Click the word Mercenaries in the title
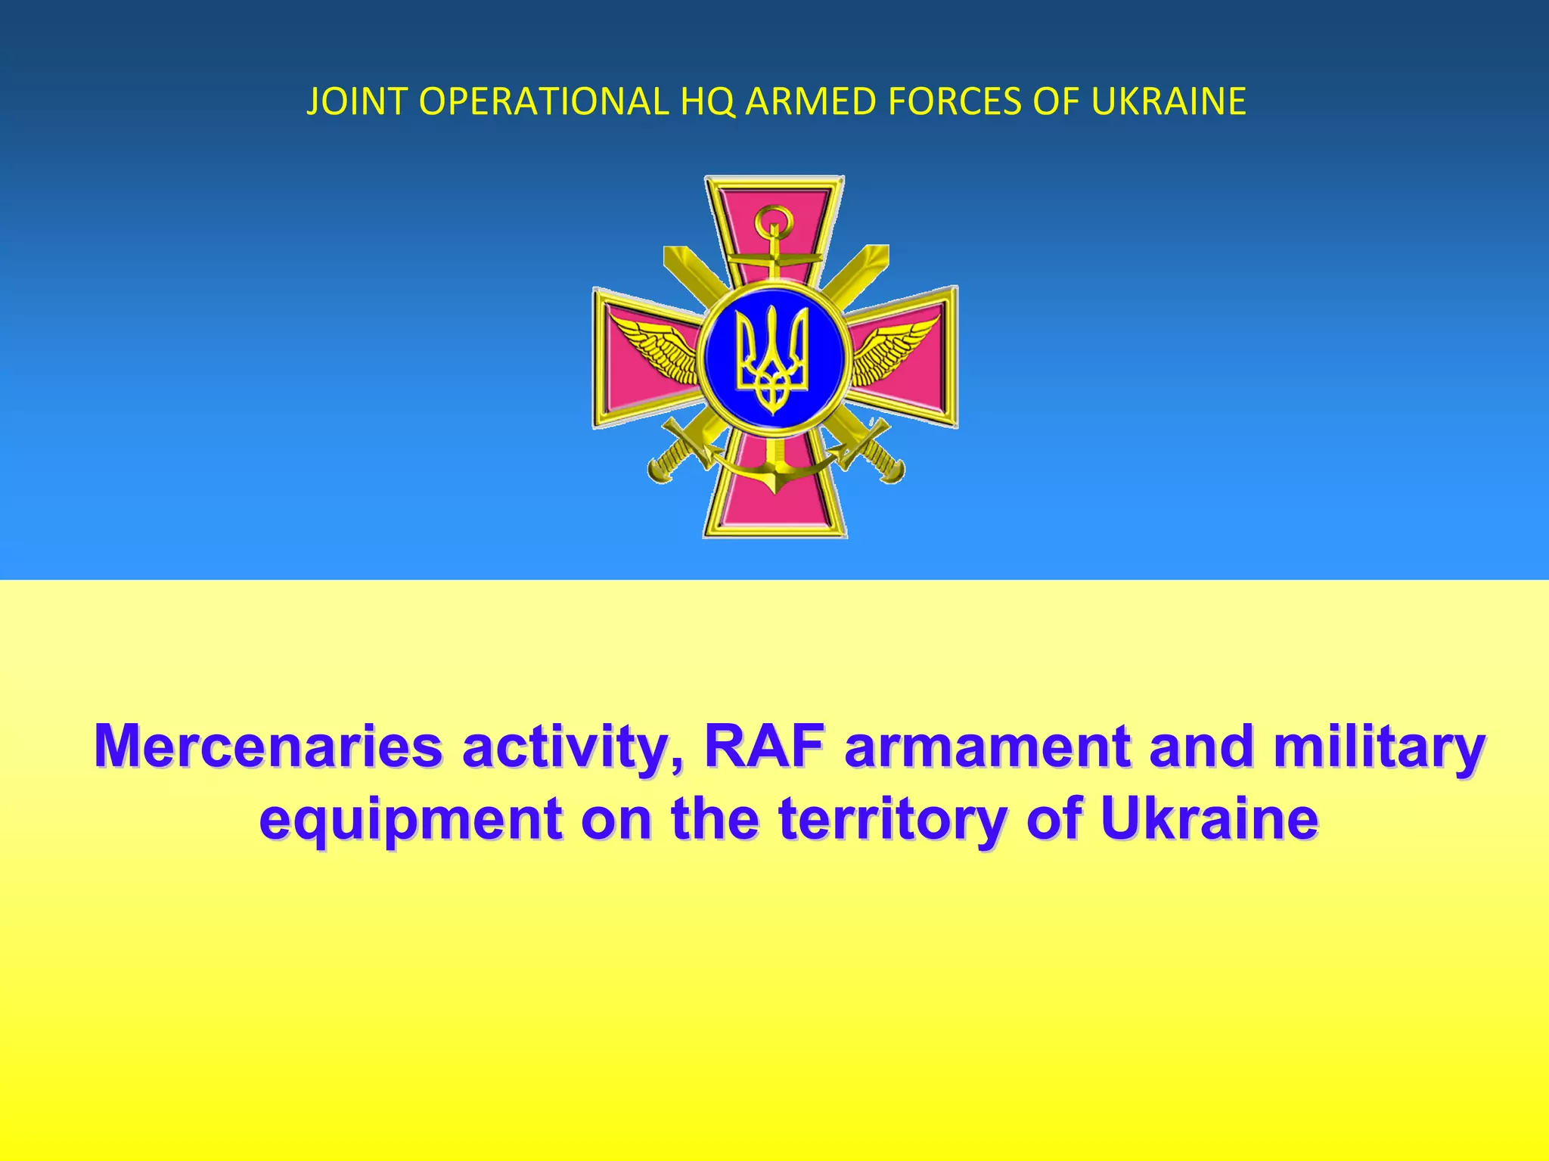(x=269, y=747)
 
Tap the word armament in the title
(x=987, y=747)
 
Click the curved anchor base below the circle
(x=774, y=475)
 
